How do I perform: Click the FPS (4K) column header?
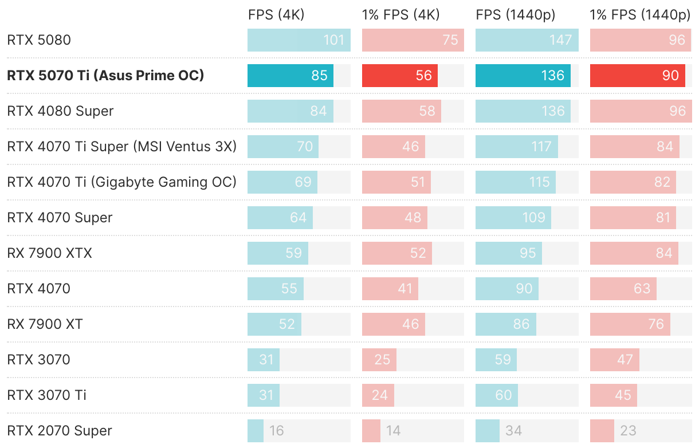click(276, 15)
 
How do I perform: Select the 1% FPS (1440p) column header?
click(640, 15)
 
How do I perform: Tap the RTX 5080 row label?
click(38, 40)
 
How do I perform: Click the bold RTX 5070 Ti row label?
click(105, 76)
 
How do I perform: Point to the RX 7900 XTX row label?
click(49, 253)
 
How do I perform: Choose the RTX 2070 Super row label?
click(59, 431)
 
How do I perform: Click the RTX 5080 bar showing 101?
click(298, 40)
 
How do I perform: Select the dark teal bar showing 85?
click(290, 76)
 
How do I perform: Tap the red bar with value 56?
click(399, 76)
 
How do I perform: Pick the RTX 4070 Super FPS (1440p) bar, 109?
click(513, 218)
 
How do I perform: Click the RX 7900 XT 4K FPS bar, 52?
click(274, 324)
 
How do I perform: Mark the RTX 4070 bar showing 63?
click(623, 289)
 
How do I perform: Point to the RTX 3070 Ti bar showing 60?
click(496, 395)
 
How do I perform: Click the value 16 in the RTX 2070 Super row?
click(277, 431)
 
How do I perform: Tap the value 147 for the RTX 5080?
click(560, 40)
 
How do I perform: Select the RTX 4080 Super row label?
click(60, 111)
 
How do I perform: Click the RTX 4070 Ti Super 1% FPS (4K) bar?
click(393, 147)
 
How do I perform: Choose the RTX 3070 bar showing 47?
click(614, 360)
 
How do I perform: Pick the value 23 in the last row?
click(628, 431)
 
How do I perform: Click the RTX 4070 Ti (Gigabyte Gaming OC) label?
click(121, 182)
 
